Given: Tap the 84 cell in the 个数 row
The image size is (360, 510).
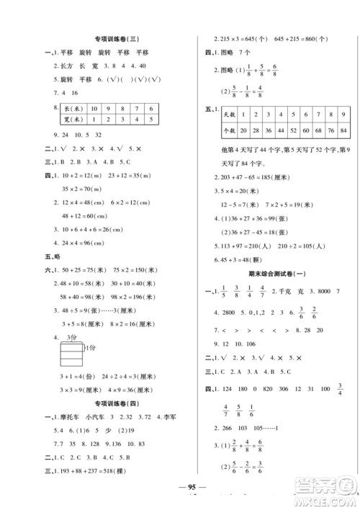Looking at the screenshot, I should tap(346, 130).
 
